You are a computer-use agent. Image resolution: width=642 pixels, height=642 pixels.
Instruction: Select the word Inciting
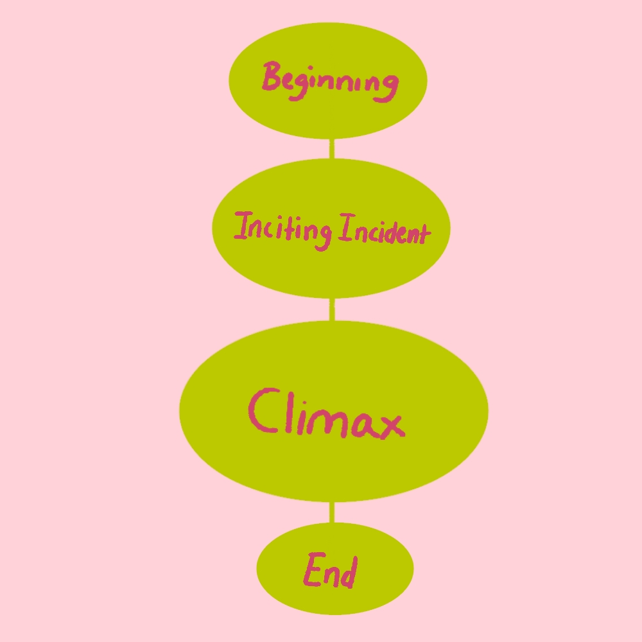282,229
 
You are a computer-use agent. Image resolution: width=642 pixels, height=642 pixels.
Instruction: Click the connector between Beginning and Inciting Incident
331,148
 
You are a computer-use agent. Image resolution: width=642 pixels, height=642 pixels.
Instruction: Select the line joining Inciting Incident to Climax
332,309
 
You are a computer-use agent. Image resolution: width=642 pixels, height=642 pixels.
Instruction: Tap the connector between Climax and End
332,512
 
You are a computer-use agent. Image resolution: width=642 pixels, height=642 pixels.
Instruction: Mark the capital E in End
313,570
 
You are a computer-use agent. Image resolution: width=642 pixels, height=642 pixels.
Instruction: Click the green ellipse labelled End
334,597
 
